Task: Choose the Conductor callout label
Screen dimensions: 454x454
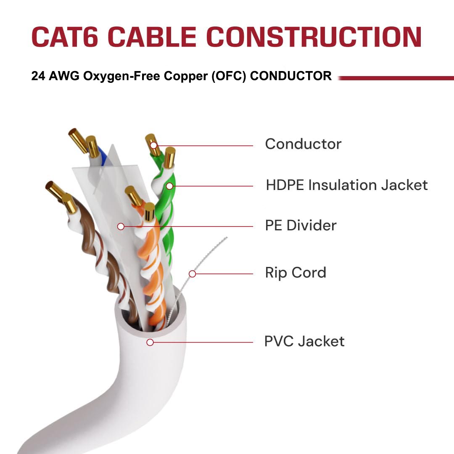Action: click(303, 144)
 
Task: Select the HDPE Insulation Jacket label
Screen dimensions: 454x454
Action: click(347, 185)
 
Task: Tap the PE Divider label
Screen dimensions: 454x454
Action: click(301, 226)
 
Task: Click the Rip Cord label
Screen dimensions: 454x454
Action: click(296, 273)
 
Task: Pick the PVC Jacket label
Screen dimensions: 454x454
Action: click(304, 341)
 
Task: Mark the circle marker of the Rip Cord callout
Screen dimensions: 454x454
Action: click(192, 274)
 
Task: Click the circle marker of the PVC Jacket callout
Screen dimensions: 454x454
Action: click(150, 342)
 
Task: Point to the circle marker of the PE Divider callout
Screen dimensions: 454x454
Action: click(121, 226)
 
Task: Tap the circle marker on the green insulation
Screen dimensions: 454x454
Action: click(169, 185)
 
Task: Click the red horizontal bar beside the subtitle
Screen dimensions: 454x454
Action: click(395, 78)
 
